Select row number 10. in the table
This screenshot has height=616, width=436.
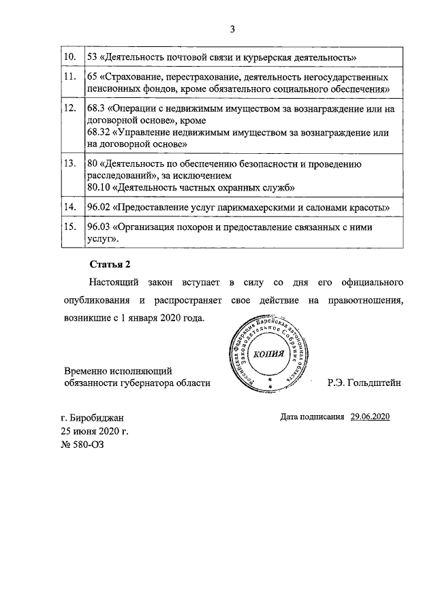click(69, 55)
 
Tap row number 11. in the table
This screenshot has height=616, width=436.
click(69, 76)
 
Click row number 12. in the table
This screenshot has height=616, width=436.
click(69, 108)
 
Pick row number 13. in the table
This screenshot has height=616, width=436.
click(69, 164)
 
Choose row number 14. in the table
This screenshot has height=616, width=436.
click(69, 206)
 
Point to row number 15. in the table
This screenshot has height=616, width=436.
click(69, 227)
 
